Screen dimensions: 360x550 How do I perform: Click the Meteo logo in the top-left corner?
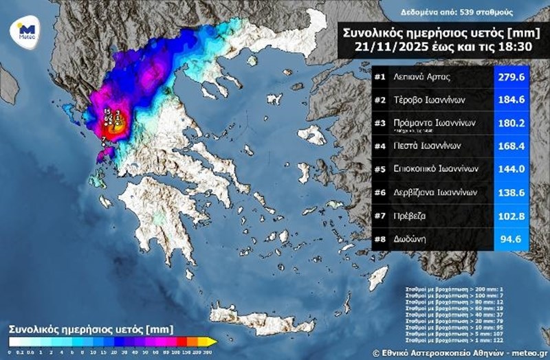click(26, 30)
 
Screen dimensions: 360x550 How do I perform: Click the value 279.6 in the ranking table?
click(513, 78)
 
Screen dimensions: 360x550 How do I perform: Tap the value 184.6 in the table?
click(513, 100)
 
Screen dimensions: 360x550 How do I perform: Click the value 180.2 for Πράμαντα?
click(513, 122)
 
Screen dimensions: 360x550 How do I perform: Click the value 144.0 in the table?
click(513, 168)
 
